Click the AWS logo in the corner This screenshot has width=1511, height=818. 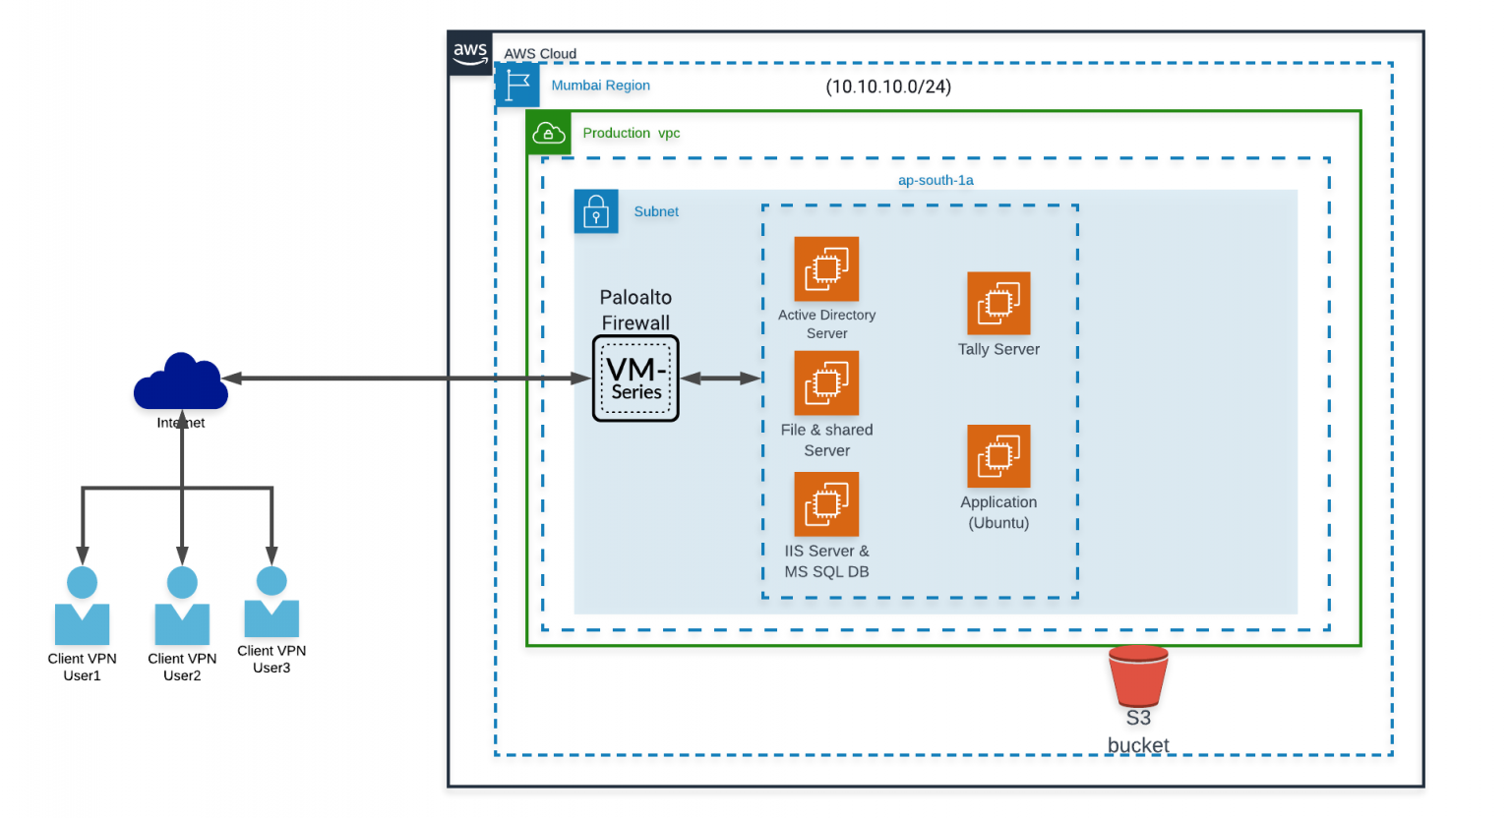[x=470, y=53]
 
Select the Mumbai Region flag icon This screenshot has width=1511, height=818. [x=517, y=85]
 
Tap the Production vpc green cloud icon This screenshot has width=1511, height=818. [x=549, y=133]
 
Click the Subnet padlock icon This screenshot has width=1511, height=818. [x=596, y=211]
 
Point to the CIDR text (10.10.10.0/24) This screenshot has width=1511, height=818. [x=888, y=87]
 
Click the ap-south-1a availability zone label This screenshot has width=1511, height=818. [x=936, y=180]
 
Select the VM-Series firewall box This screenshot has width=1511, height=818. [x=635, y=379]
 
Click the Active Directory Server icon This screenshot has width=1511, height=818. [x=826, y=268]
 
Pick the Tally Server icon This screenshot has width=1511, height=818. [x=998, y=303]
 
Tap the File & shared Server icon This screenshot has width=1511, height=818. [x=826, y=383]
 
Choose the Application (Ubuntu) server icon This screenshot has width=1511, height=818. [x=998, y=456]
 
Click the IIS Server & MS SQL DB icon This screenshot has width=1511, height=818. [x=826, y=504]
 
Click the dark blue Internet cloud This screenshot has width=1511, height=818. [x=181, y=382]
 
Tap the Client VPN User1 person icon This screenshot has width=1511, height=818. [x=83, y=607]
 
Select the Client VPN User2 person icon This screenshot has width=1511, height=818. [x=182, y=607]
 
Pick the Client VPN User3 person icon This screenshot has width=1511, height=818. [x=272, y=602]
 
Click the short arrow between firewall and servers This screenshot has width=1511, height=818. [x=720, y=379]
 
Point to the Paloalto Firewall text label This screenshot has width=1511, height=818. [x=635, y=310]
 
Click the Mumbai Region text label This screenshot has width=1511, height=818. [x=600, y=86]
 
